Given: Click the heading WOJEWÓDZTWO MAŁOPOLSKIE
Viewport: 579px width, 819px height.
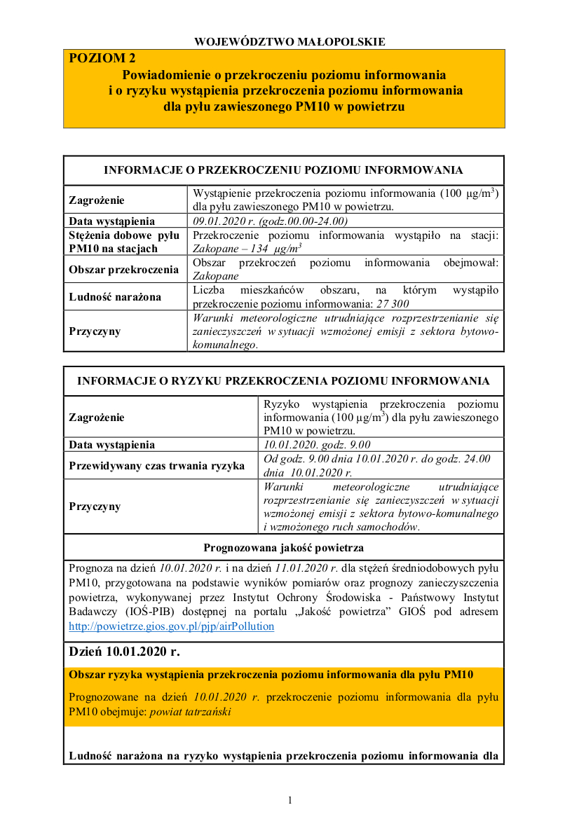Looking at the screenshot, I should [289, 41].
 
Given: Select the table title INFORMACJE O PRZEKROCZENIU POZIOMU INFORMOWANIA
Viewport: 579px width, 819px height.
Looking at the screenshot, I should [283, 170].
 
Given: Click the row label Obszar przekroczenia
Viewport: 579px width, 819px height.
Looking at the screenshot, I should [124, 269].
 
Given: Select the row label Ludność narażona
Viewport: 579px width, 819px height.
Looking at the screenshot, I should [115, 296].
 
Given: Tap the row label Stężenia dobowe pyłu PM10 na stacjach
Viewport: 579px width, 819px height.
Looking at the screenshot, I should [124, 242].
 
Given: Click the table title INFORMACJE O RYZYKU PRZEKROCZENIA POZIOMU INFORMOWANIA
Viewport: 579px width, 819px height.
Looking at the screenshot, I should [283, 381].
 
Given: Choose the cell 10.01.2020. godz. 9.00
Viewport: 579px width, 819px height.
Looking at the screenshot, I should [317, 444].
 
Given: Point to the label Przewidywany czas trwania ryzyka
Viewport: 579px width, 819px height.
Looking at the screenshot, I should [156, 464].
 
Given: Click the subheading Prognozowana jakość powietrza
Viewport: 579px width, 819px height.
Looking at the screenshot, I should [283, 547].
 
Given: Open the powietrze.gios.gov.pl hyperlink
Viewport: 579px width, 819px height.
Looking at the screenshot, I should [171, 626].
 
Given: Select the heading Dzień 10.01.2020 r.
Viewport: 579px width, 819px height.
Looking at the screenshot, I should [124, 652].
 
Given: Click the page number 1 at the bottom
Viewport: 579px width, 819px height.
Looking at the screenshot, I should [289, 800].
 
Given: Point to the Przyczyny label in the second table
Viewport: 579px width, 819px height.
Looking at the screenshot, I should [95, 507].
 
